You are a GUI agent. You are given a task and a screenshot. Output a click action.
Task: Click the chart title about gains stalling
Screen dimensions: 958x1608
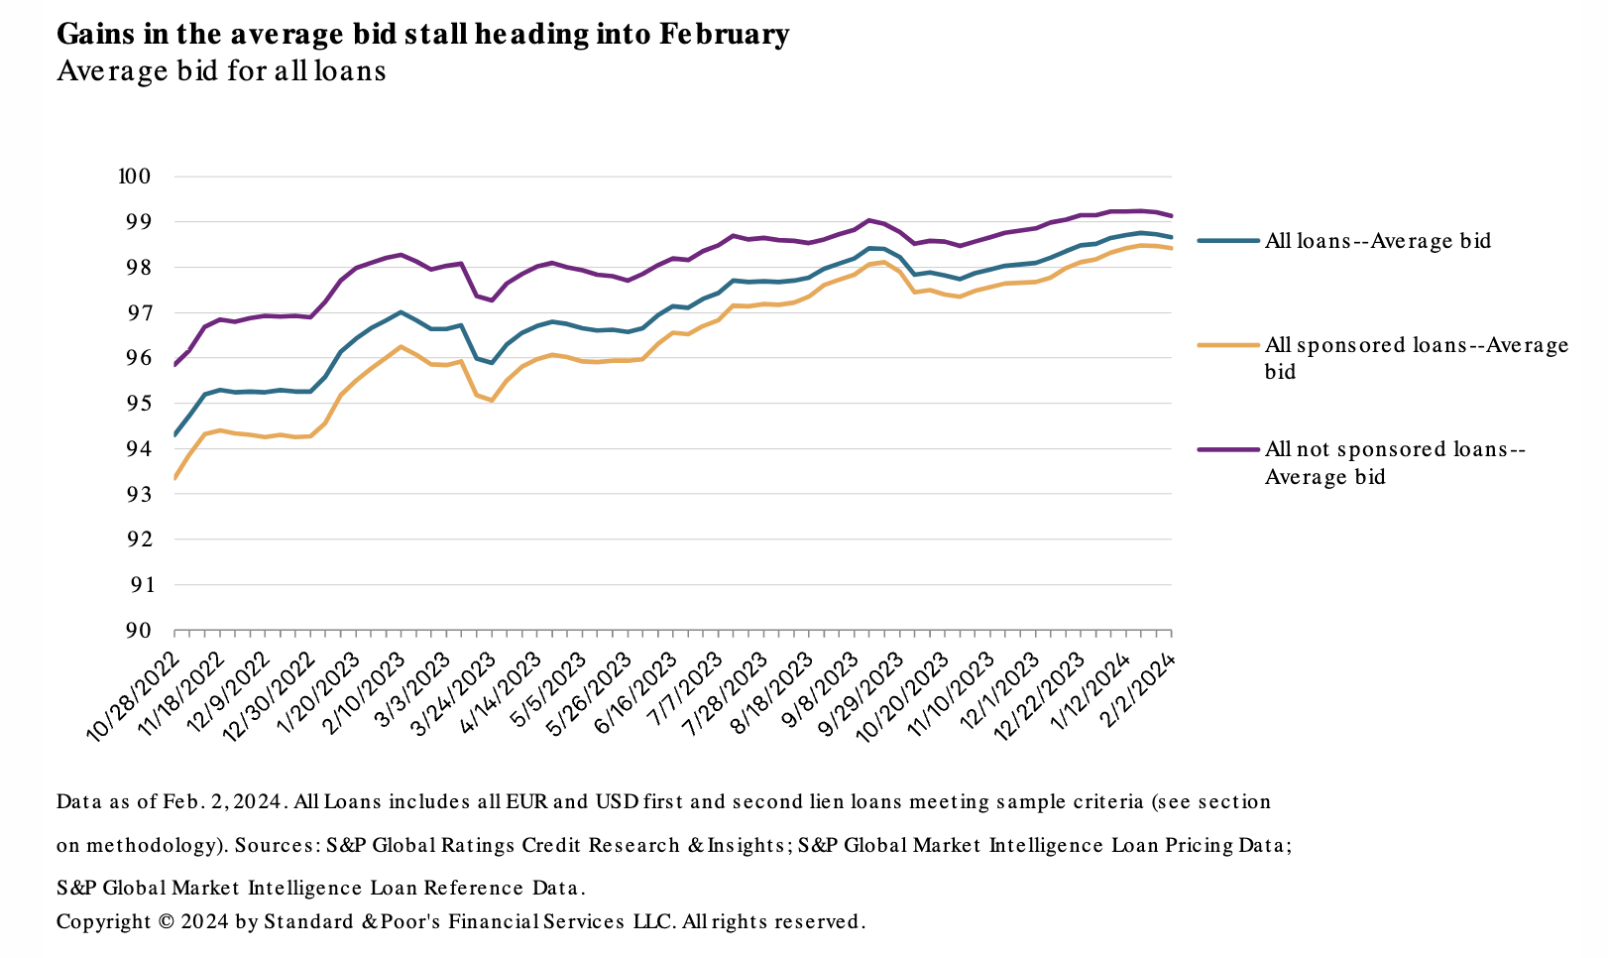[x=422, y=35]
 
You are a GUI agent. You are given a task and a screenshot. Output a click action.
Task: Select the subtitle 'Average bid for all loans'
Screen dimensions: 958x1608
[x=221, y=71]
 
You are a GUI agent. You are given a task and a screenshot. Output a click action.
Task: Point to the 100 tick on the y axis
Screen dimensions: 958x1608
[x=133, y=177]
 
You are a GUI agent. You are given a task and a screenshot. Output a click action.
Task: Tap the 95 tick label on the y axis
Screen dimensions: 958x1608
[x=138, y=404]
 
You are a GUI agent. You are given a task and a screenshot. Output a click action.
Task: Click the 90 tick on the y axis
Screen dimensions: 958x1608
[x=138, y=631]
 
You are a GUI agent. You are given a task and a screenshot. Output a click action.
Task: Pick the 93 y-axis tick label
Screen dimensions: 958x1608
[x=138, y=495]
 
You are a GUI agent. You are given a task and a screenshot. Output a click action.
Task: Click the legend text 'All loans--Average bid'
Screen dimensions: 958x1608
[x=1378, y=241]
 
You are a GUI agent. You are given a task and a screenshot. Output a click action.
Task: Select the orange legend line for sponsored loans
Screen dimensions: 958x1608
[x=1228, y=345]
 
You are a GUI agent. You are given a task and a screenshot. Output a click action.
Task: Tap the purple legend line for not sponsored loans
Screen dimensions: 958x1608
[x=1228, y=449]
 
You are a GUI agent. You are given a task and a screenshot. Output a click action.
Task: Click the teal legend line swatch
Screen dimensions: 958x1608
[x=1228, y=240]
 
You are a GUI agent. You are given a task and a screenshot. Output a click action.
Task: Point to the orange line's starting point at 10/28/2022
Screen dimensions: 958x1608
[x=174, y=479]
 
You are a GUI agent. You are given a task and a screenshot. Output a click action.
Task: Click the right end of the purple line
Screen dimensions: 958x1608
[x=1172, y=215]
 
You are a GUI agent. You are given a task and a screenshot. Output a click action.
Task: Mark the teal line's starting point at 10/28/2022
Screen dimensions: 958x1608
[x=174, y=435]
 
